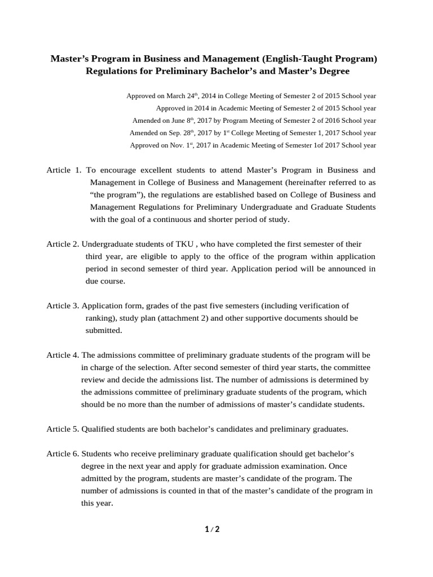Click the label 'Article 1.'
64,170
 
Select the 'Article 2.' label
63,244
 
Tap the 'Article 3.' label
63,306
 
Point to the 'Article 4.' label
63,355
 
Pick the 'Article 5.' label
63,429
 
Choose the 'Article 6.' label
63,454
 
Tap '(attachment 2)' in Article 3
165,318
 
